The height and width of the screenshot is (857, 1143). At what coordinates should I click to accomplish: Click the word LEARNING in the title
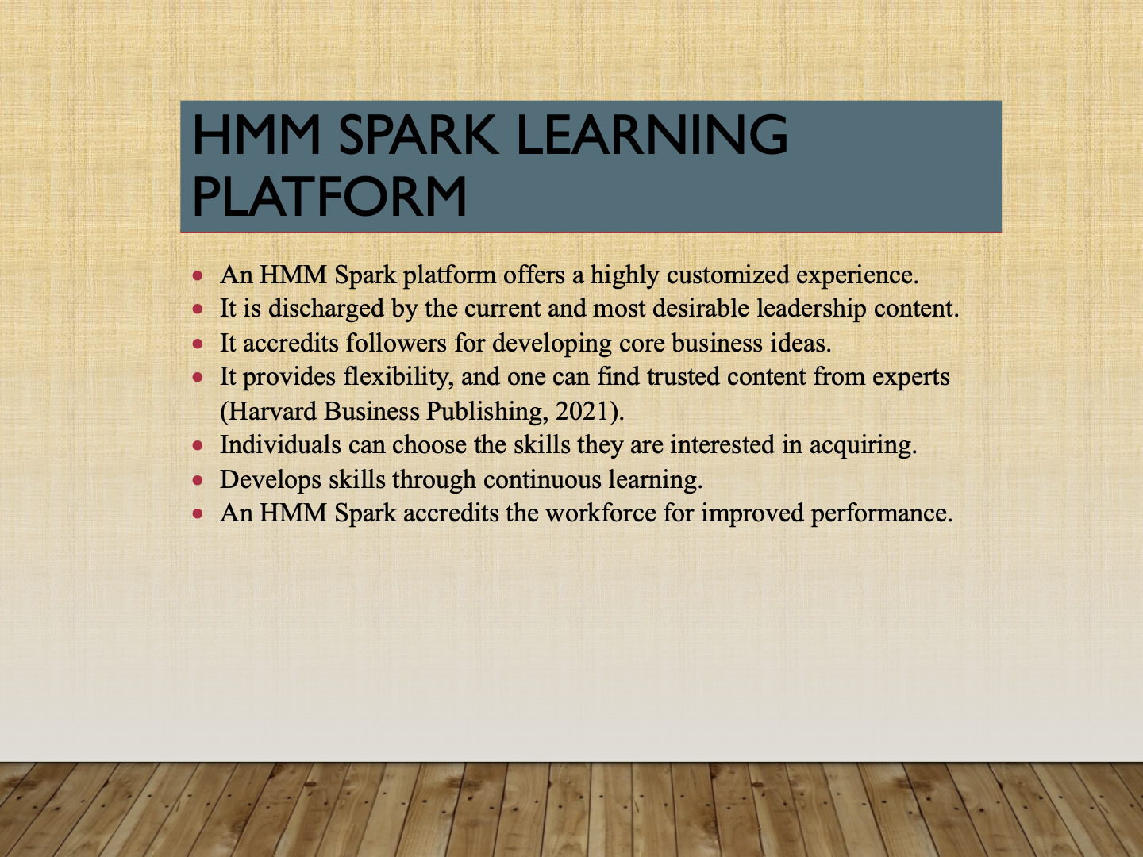click(652, 135)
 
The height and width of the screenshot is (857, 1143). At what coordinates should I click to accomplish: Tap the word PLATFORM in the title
click(329, 197)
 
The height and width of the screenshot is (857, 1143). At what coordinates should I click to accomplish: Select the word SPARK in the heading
click(418, 135)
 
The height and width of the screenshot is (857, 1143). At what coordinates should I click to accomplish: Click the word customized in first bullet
click(728, 275)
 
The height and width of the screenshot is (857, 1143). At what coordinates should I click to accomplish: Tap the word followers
click(396, 344)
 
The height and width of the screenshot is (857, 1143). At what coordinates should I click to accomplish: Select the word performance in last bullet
click(880, 513)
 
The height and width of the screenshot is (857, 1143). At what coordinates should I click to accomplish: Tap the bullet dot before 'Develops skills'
click(198, 480)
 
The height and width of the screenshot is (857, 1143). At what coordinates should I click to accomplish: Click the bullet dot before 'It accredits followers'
click(198, 344)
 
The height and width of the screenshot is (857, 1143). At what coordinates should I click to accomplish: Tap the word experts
click(910, 377)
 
